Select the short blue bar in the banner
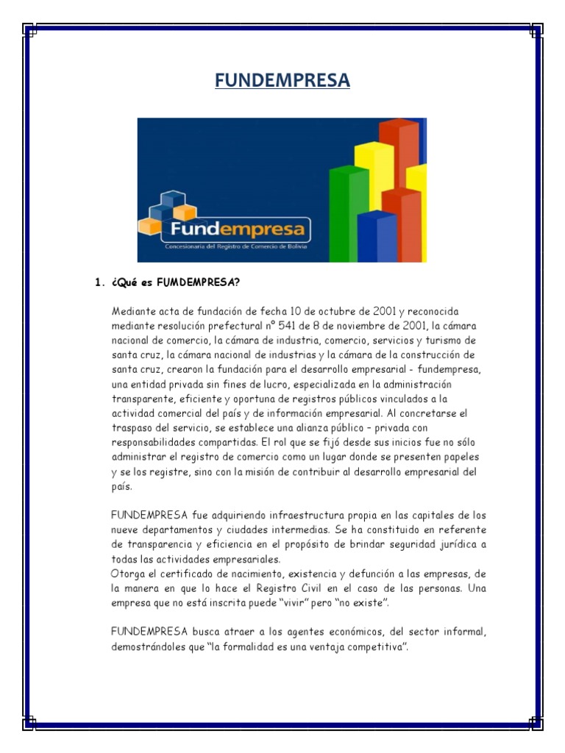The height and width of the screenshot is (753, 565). click(x=376, y=235)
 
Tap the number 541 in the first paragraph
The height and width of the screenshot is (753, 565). click(x=280, y=325)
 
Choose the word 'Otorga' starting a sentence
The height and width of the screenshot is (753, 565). click(x=127, y=574)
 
